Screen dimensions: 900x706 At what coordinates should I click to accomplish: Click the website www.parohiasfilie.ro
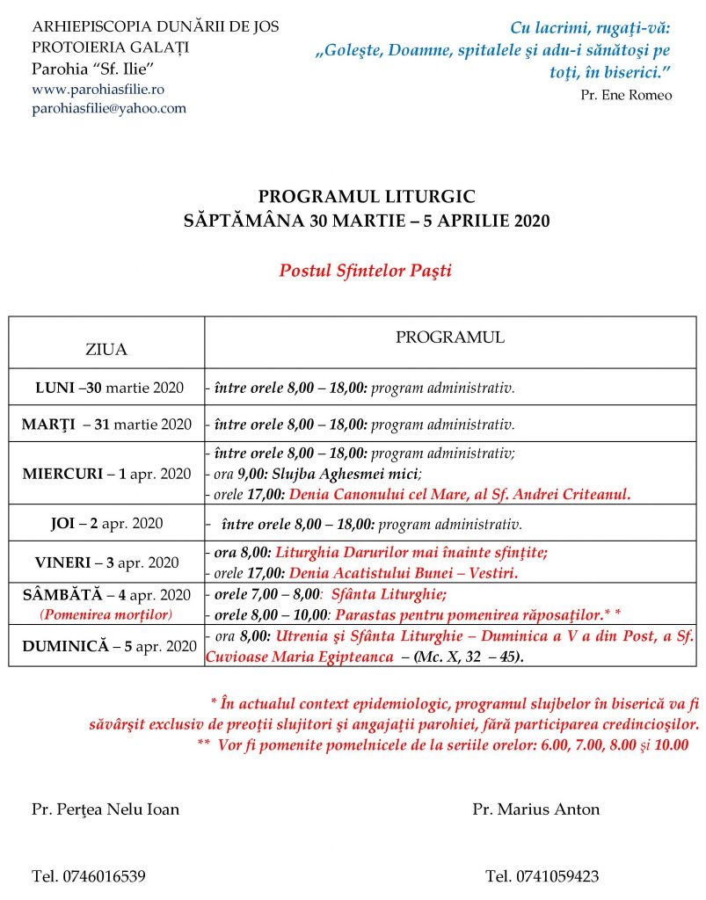(x=98, y=89)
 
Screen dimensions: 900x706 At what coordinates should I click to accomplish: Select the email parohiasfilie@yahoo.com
(x=109, y=107)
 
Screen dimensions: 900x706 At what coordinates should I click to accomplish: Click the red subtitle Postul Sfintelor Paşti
(x=365, y=270)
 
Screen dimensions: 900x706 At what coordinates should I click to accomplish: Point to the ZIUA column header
(x=106, y=349)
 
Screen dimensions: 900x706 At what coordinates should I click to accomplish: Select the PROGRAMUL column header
(x=449, y=337)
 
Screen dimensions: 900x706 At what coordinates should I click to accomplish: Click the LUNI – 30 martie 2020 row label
(x=109, y=388)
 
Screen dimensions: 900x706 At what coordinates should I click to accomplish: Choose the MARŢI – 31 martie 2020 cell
(x=106, y=425)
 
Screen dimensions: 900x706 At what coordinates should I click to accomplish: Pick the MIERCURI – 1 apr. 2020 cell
(x=106, y=474)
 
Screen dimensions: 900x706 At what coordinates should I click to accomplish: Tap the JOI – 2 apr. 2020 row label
(x=106, y=524)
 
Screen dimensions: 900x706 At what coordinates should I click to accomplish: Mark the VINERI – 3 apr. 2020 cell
(x=106, y=562)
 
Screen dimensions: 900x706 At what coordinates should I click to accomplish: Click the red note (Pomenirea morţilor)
(x=106, y=613)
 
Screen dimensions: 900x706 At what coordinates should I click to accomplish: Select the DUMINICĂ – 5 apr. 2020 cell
(x=106, y=646)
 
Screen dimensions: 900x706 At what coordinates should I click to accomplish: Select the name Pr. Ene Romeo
(x=626, y=95)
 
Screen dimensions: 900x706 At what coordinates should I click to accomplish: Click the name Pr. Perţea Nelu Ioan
(x=105, y=809)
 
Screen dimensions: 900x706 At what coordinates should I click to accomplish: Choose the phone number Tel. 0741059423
(x=542, y=876)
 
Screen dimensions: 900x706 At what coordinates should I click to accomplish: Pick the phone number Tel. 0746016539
(x=89, y=876)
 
